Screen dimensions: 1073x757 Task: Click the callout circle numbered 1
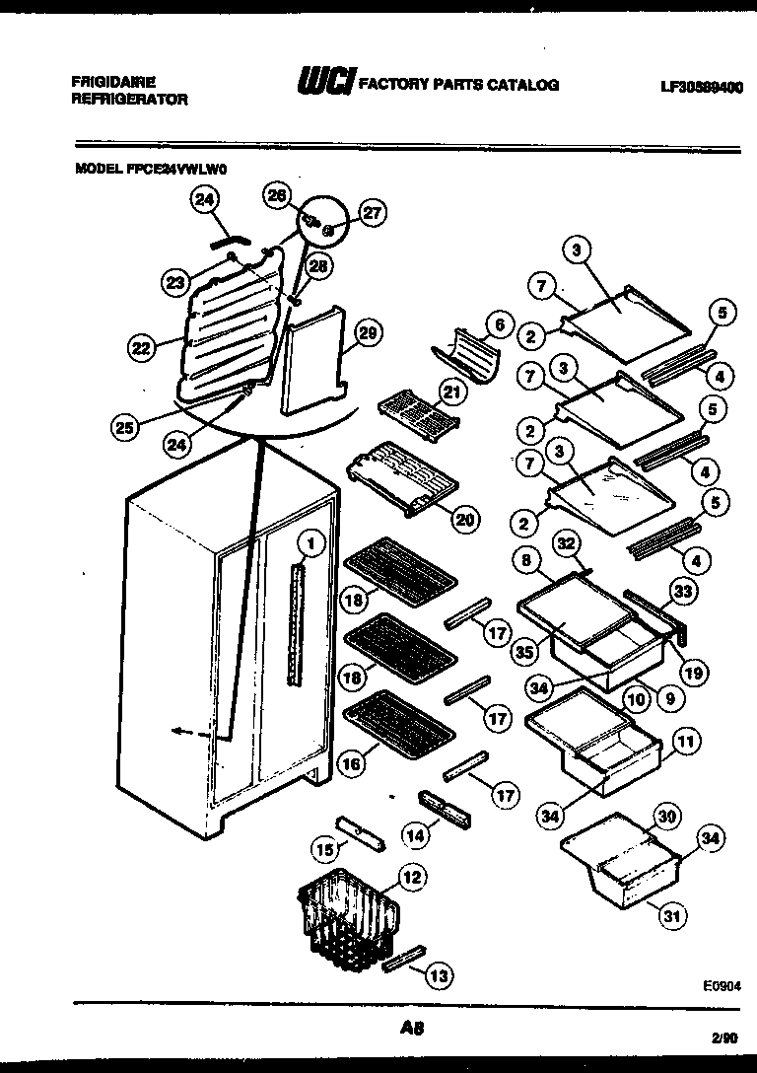click(310, 541)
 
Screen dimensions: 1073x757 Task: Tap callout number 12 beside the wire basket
click(412, 876)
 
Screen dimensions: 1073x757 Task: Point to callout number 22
click(142, 346)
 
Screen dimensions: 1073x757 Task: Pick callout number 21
click(450, 393)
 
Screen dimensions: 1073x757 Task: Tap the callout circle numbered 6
click(498, 323)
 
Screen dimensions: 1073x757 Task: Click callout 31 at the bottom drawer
click(671, 917)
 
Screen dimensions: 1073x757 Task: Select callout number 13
click(440, 975)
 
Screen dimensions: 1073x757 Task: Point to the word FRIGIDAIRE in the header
click(112, 83)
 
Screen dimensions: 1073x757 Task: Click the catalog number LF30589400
click(701, 87)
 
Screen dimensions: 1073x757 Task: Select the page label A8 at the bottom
click(412, 1028)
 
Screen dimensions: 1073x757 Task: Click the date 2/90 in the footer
click(723, 1037)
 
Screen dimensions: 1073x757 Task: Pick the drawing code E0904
click(722, 985)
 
